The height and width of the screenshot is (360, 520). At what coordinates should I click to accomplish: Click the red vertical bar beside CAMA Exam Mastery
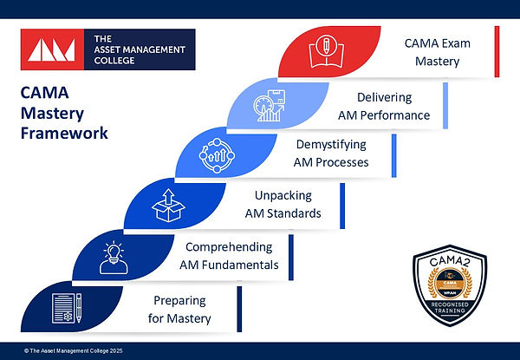[497, 51]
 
